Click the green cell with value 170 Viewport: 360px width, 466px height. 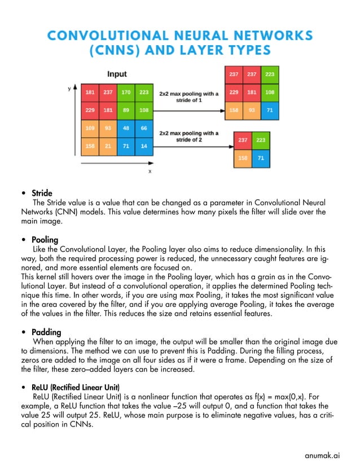[126, 92]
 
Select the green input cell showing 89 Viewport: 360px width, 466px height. [126, 110]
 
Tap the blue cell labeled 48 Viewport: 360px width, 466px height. [126, 128]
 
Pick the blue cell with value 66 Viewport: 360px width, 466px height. [144, 128]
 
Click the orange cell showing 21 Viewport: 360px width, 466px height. [108, 146]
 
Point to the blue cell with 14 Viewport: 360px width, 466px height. [144, 146]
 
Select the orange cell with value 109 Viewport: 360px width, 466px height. [90, 128]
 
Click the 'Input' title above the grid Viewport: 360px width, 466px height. [117, 74]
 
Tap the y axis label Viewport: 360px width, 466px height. [69, 89]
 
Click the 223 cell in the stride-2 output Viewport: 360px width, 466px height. [261, 140]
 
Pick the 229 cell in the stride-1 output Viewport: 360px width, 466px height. [234, 92]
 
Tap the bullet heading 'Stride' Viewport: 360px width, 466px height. [42, 193]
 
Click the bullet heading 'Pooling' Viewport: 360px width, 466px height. [45, 240]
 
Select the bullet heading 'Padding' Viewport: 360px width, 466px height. [46, 332]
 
